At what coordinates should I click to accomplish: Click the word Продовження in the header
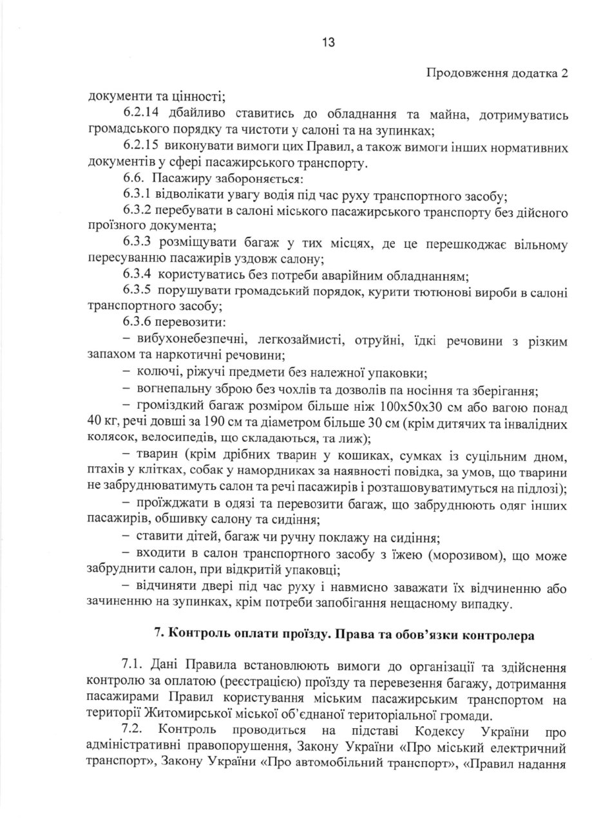click(463, 73)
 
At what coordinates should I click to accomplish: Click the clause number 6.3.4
click(137, 276)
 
